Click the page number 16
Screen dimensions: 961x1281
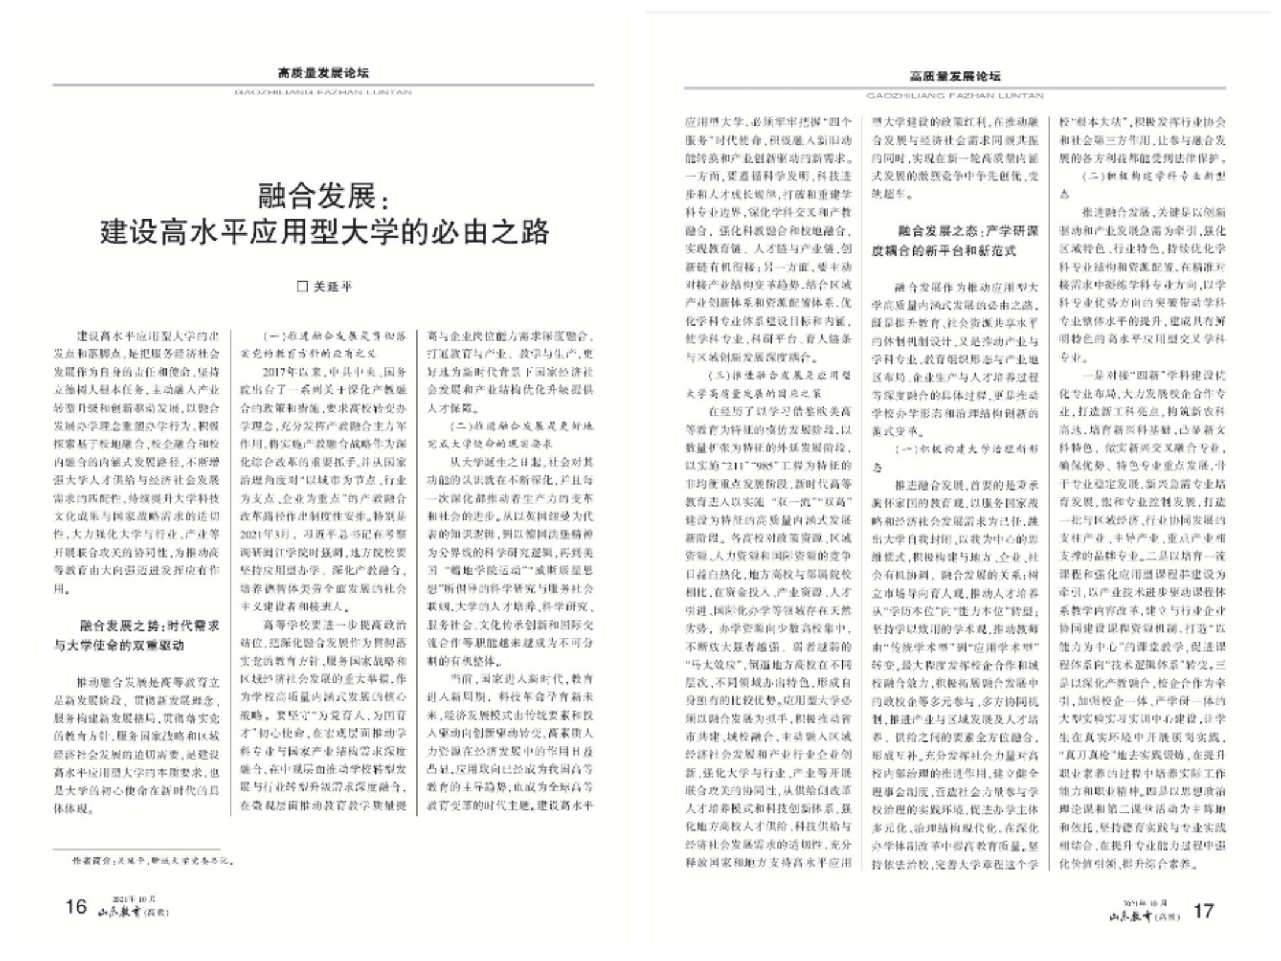(x=76, y=906)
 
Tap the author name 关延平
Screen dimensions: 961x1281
(x=333, y=287)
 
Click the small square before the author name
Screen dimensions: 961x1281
(x=302, y=287)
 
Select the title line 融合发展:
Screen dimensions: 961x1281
(x=324, y=196)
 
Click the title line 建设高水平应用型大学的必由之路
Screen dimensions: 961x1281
(x=324, y=232)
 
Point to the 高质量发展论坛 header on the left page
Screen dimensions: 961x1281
(x=323, y=73)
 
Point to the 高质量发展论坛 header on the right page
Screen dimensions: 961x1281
(x=955, y=76)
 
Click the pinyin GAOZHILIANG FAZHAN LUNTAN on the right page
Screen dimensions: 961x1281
(x=955, y=96)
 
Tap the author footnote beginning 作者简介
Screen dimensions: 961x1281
(x=151, y=860)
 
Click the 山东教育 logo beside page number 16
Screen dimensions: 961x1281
(x=134, y=912)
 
